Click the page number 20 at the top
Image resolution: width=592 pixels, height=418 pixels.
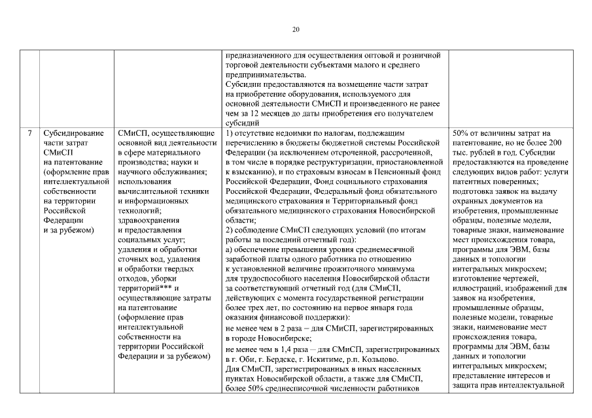point(296,29)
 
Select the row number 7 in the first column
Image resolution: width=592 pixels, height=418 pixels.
point(29,134)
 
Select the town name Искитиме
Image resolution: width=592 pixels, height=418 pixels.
point(336,359)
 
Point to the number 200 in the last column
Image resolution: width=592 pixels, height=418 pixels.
point(555,142)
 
